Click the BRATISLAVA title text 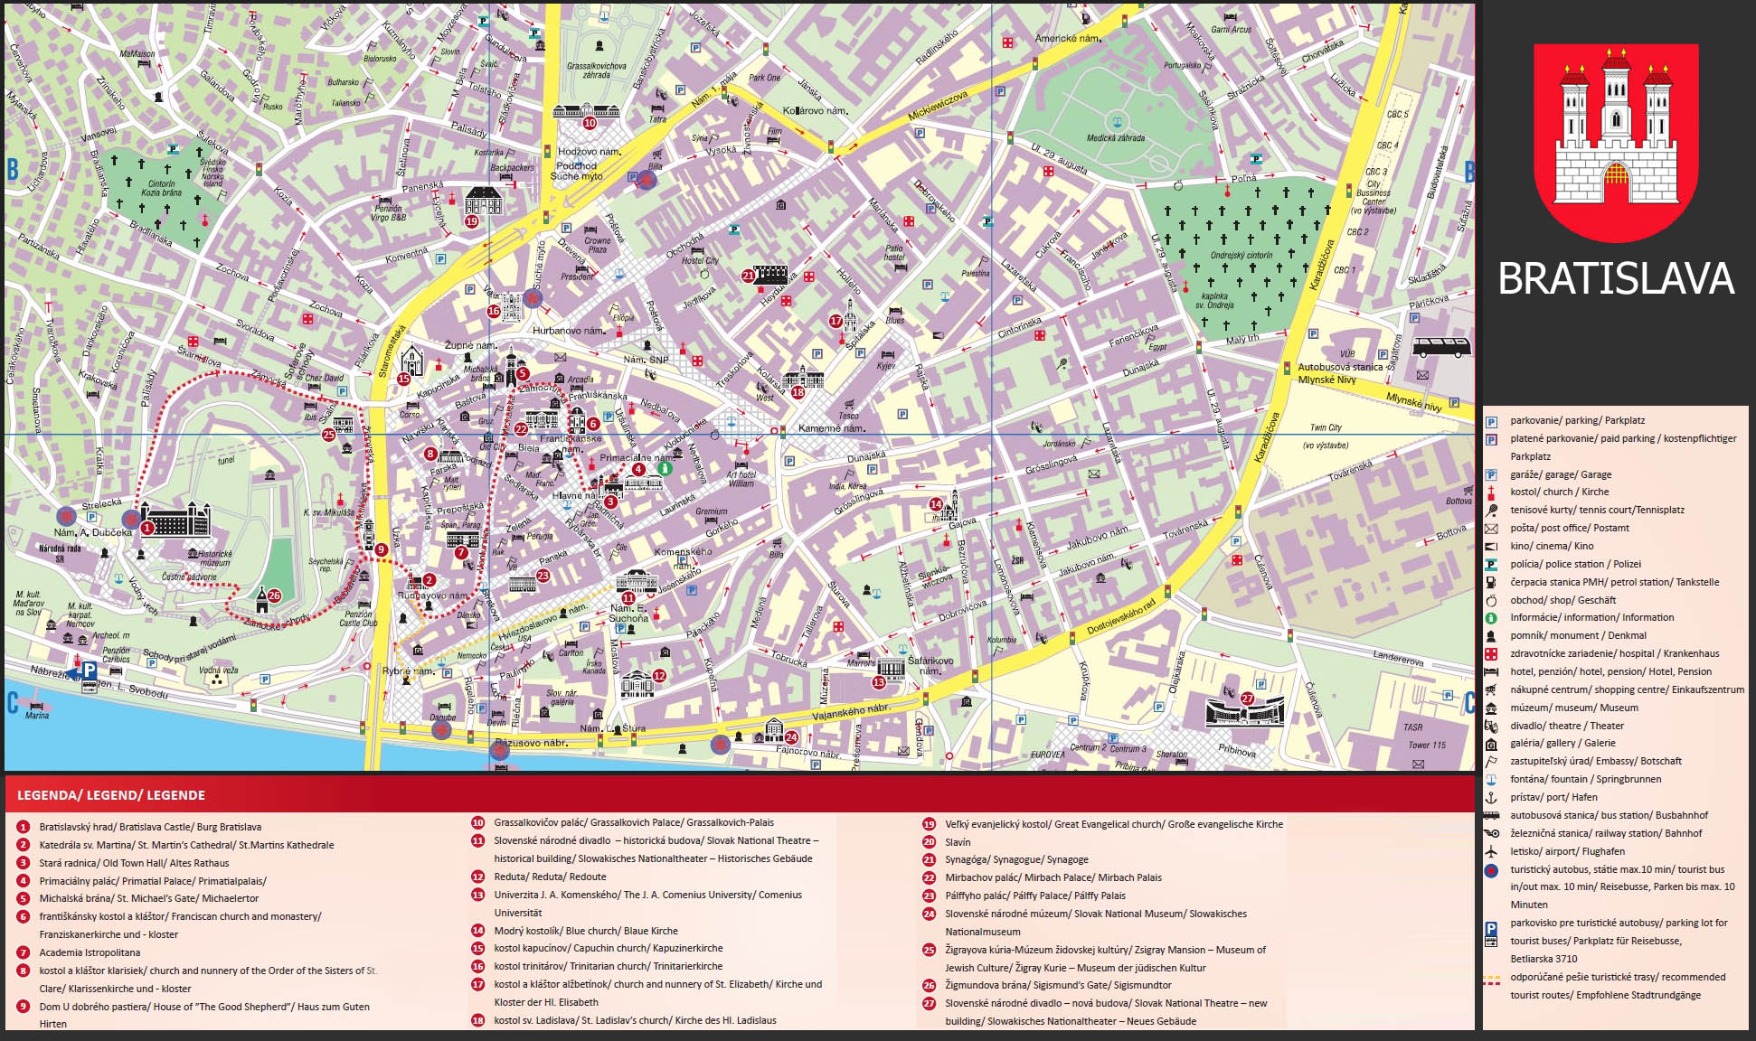pyautogui.click(x=1615, y=278)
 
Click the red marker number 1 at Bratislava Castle pyautogui.click(x=146, y=527)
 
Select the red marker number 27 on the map pyautogui.click(x=1247, y=699)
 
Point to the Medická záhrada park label pyautogui.click(x=1116, y=138)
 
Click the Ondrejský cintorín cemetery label pyautogui.click(x=1241, y=256)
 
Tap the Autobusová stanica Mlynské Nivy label pyautogui.click(x=1340, y=373)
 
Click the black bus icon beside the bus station pyautogui.click(x=1441, y=347)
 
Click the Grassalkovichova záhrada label pyautogui.click(x=596, y=70)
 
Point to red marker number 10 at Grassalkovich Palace pyautogui.click(x=590, y=123)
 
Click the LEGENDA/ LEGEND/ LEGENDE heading pyautogui.click(x=111, y=795)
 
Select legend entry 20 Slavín pyautogui.click(x=958, y=842)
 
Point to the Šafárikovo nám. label pyautogui.click(x=930, y=665)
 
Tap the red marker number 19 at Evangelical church pyautogui.click(x=471, y=221)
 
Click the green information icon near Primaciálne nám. pyautogui.click(x=666, y=468)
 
